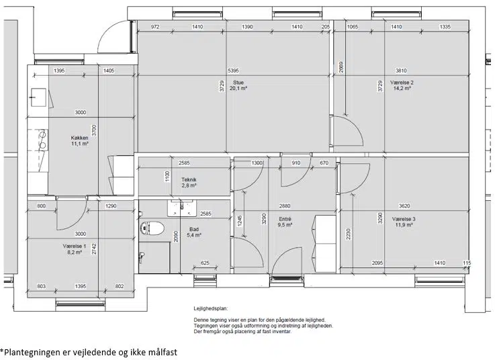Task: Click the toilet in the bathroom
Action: click(x=152, y=228)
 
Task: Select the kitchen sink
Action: click(x=38, y=97)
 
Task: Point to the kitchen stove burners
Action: click(x=42, y=140)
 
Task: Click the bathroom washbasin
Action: click(x=182, y=208)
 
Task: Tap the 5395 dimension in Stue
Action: click(x=233, y=71)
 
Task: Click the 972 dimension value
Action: click(x=155, y=27)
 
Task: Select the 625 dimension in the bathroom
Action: click(x=205, y=263)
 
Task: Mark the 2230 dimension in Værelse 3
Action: click(x=348, y=234)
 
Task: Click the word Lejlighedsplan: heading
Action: click(x=211, y=308)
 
